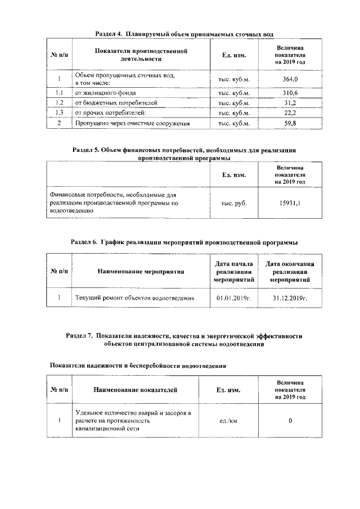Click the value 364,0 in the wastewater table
(290, 79)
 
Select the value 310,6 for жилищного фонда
(290, 92)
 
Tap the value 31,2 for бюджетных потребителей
(290, 102)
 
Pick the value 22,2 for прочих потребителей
(290, 112)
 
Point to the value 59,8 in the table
(290, 123)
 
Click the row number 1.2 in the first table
(58, 102)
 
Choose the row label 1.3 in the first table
(58, 112)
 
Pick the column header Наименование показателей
(135, 389)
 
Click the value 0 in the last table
(290, 421)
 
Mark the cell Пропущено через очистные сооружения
(133, 123)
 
